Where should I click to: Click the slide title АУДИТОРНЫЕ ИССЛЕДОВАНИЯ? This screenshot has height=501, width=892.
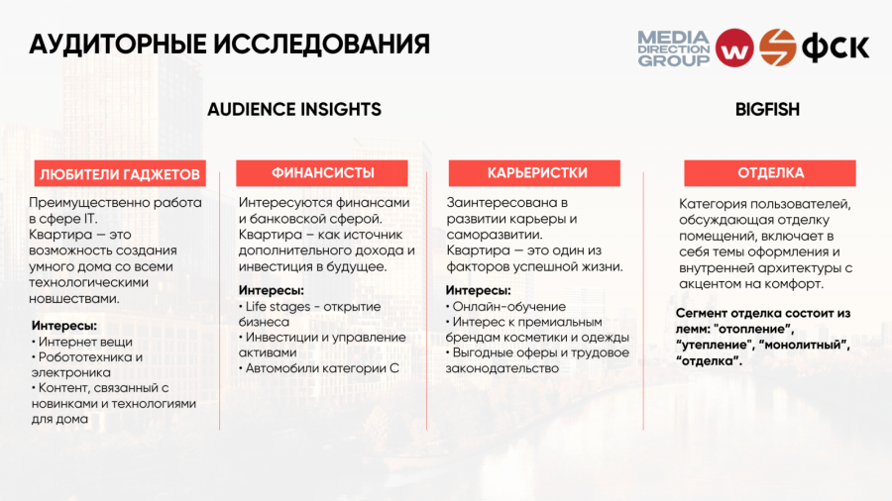point(229,45)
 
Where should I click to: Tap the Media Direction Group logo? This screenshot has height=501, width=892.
point(674,49)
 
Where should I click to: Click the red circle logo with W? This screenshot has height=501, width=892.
point(733,49)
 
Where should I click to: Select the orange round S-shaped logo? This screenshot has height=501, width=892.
point(777,48)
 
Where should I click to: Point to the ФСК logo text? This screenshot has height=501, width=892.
point(836,49)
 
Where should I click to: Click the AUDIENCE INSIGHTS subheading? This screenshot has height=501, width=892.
point(294,109)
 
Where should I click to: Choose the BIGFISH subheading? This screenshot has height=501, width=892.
point(767,109)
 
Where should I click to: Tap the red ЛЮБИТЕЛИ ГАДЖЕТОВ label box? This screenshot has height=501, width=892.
point(120,174)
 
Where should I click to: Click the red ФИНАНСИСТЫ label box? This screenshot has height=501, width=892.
point(322,172)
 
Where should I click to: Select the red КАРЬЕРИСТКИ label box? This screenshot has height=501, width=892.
point(534,172)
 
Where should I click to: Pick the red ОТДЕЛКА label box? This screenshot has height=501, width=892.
point(770,172)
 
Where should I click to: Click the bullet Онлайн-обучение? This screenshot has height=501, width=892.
point(505,307)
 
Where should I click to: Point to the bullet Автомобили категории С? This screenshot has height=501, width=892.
point(318,368)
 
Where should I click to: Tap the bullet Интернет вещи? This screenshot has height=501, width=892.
point(82,342)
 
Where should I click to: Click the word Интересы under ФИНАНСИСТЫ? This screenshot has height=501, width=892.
point(271,291)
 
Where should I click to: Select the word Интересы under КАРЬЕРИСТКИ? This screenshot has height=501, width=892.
point(478,291)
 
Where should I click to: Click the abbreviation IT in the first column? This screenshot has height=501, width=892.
point(91,219)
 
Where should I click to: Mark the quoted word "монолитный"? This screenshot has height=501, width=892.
point(805,345)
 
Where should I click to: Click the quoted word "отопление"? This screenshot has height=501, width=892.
point(753,329)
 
